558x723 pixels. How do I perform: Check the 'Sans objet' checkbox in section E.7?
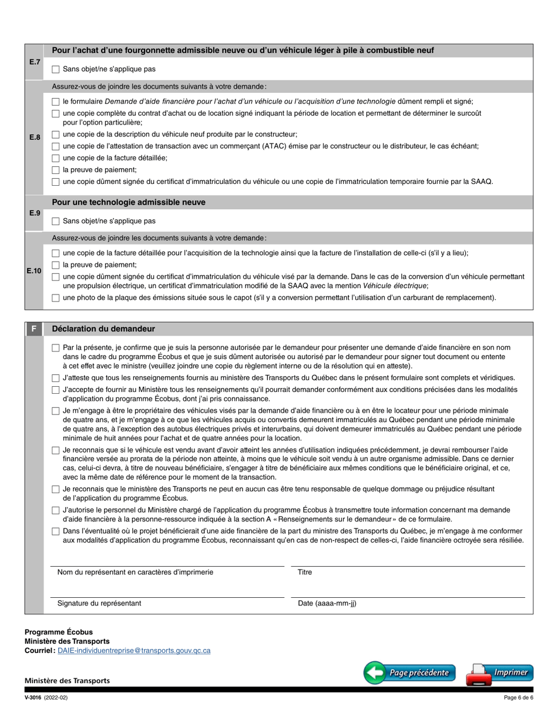[56, 69]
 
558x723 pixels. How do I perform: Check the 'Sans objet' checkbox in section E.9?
[56, 221]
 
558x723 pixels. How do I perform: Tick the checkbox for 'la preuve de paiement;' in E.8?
[56, 169]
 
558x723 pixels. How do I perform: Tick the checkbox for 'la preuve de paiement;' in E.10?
[56, 265]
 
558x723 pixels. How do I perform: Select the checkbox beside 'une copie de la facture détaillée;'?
[56, 158]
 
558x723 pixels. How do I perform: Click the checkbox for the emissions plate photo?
[56, 297]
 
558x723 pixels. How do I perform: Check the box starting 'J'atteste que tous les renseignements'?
[56, 378]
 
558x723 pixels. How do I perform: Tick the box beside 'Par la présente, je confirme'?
[56, 348]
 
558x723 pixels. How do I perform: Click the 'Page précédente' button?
[409, 672]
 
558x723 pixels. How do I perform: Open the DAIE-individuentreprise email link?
[134, 651]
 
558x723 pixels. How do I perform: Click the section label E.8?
[35, 137]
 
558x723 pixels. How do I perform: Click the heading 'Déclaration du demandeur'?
[103, 329]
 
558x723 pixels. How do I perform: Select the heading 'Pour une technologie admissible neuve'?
[129, 202]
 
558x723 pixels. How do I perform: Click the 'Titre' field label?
[305, 572]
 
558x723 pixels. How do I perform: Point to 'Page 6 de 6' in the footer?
[518, 698]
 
